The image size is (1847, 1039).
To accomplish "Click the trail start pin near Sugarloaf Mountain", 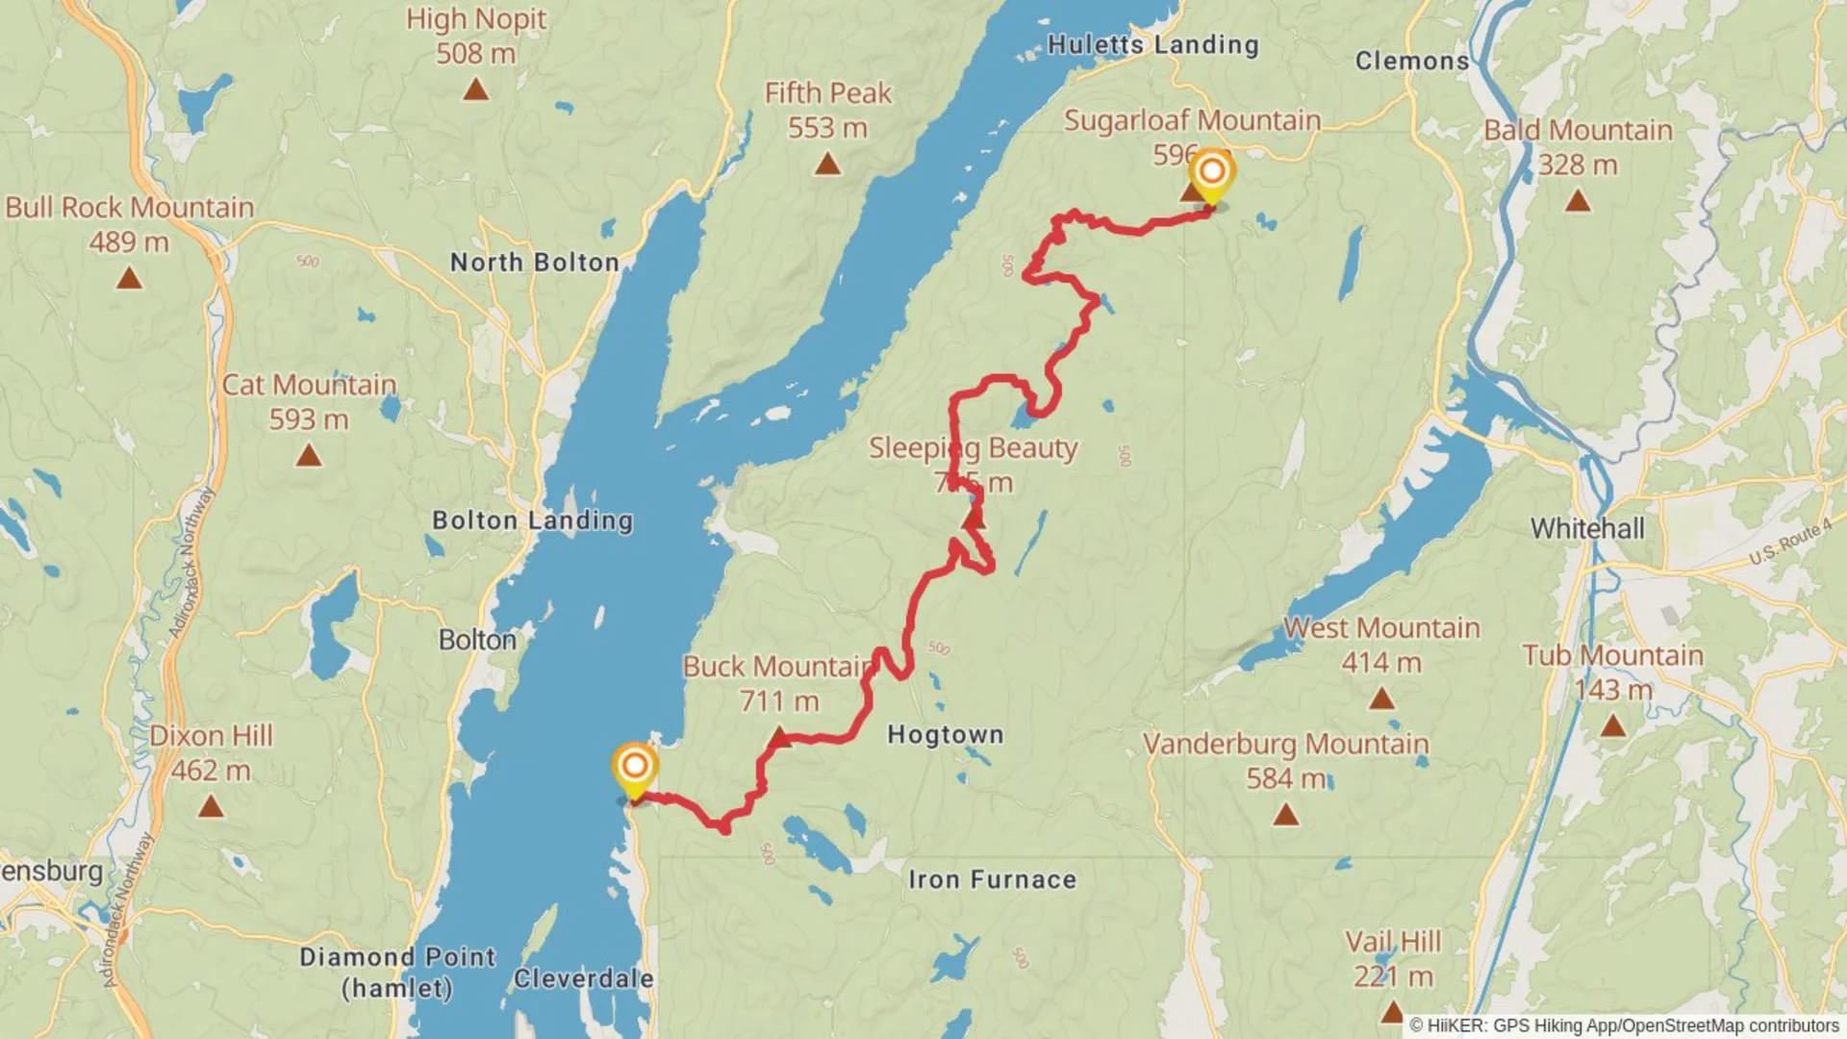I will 1211,174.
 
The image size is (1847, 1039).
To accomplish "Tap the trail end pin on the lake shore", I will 635,769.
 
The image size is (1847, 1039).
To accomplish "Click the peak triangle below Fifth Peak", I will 827,165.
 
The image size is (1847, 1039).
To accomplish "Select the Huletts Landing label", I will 1152,45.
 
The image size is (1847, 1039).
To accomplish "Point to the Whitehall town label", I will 1587,528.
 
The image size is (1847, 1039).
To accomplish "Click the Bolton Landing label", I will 532,520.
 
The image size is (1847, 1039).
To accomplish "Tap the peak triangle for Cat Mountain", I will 309,455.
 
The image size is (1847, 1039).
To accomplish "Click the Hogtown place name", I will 945,735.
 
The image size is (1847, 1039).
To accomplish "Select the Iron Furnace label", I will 992,879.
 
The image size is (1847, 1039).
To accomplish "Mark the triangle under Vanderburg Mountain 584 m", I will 1286,816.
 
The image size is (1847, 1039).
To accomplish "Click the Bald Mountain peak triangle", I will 1578,201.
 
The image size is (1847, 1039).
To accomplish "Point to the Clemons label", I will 1411,61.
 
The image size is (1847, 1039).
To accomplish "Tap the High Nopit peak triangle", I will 475,90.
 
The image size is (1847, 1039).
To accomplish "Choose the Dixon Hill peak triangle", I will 211,806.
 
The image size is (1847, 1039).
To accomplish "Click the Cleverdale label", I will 583,978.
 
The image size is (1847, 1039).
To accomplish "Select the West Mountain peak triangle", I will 1381,698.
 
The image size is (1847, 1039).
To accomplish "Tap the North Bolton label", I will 534,262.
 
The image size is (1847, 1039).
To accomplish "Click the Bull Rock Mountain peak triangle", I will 129,279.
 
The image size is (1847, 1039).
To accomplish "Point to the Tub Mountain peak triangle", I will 1613,725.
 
